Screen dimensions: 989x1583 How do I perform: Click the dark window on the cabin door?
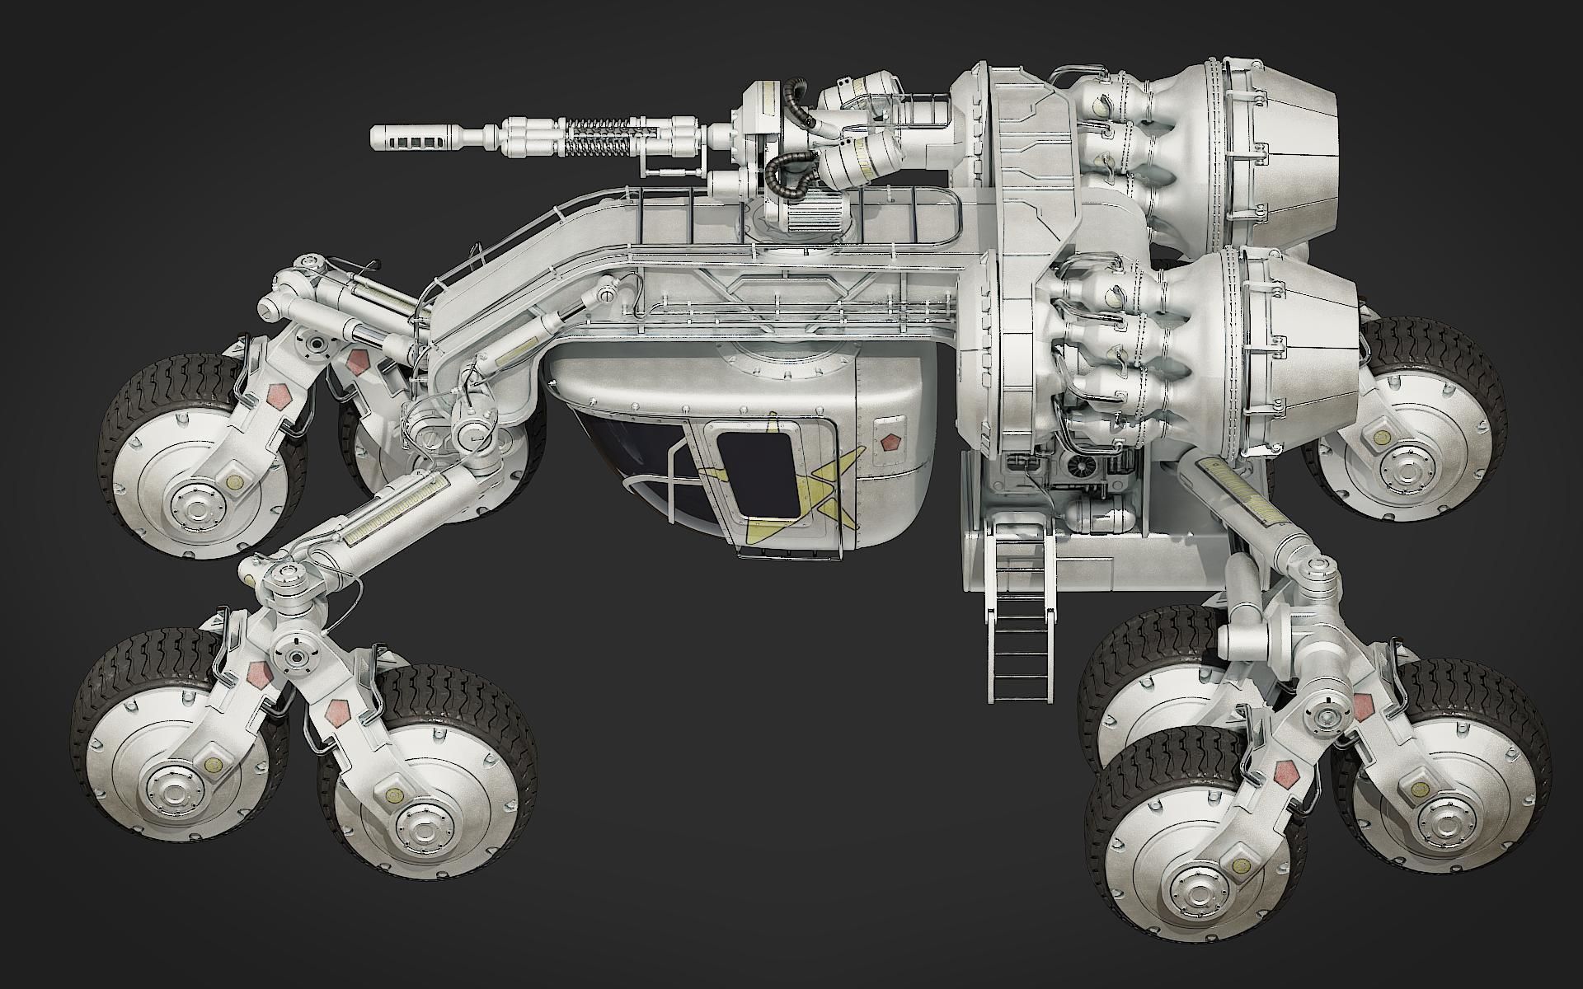tap(756, 475)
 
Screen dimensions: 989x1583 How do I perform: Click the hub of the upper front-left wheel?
tap(190, 499)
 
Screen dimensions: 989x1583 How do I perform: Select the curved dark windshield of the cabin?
tap(627, 462)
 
